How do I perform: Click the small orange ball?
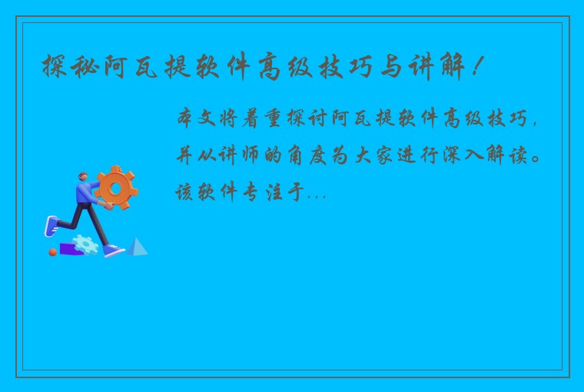click(53, 251)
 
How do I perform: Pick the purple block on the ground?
click(70, 249)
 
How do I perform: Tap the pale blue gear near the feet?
click(85, 244)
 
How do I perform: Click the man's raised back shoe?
click(51, 225)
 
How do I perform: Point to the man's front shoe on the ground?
click(114, 250)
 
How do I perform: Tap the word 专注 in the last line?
click(255, 193)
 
